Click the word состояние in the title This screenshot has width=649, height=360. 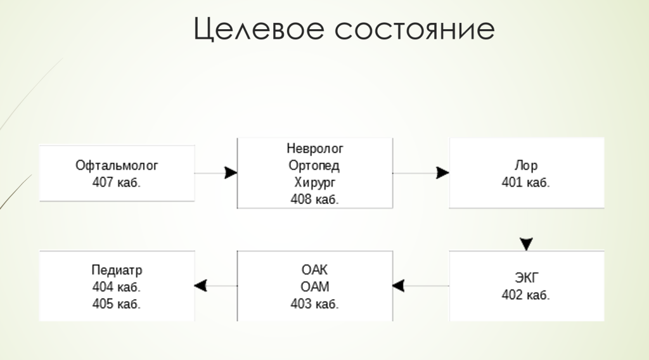[x=411, y=30]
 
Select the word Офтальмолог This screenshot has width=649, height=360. [x=117, y=165]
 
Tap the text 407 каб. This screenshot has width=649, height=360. [x=117, y=183]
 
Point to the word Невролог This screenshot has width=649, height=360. [x=314, y=150]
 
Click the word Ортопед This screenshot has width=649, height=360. [x=314, y=166]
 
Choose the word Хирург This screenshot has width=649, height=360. [x=314, y=183]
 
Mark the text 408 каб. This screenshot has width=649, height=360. [x=314, y=199]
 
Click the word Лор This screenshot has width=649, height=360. [x=526, y=166]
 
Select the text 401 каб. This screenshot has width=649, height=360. [x=526, y=183]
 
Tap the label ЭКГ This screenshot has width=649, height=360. [x=526, y=278]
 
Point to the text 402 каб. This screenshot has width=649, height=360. [x=526, y=295]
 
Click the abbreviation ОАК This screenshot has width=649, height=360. [x=314, y=270]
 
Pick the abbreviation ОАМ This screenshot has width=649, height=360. [x=314, y=286]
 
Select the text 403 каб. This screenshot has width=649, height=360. [x=314, y=303]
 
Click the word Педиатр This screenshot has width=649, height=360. [x=117, y=270]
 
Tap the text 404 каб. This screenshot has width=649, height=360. [x=117, y=286]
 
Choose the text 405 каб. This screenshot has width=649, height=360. [x=117, y=303]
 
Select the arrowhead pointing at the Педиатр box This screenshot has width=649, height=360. [x=201, y=286]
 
